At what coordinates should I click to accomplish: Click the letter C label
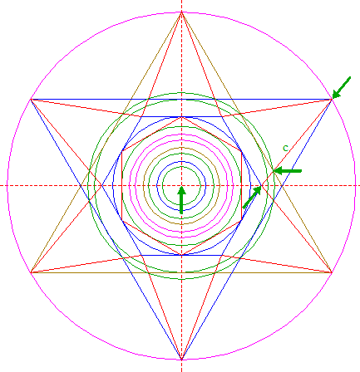[x=286, y=149]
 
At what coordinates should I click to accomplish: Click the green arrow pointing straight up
[x=181, y=200]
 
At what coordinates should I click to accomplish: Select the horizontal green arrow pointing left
[x=288, y=171]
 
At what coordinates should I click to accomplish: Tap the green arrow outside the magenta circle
[x=342, y=87]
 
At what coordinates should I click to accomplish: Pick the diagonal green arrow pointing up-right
[x=252, y=198]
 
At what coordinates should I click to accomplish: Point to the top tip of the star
[x=182, y=12]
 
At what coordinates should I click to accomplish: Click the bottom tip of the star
[x=182, y=360]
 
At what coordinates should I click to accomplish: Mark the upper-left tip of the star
[x=31, y=99]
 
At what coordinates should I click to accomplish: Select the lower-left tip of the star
[x=31, y=272]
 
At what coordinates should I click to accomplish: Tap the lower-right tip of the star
[x=332, y=272]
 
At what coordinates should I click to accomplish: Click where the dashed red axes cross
[x=182, y=185]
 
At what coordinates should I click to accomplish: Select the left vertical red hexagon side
[x=122, y=185]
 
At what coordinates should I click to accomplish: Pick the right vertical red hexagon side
[x=242, y=185]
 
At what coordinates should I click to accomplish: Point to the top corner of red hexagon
[x=182, y=117]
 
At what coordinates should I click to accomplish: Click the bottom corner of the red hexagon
[x=182, y=255]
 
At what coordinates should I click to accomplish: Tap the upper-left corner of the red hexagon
[x=122, y=151]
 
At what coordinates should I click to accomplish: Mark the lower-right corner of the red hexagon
[x=242, y=220]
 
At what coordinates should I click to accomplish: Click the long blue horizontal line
[x=181, y=99]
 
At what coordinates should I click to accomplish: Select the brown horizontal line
[x=181, y=272]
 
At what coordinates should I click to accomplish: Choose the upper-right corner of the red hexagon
[x=242, y=151]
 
